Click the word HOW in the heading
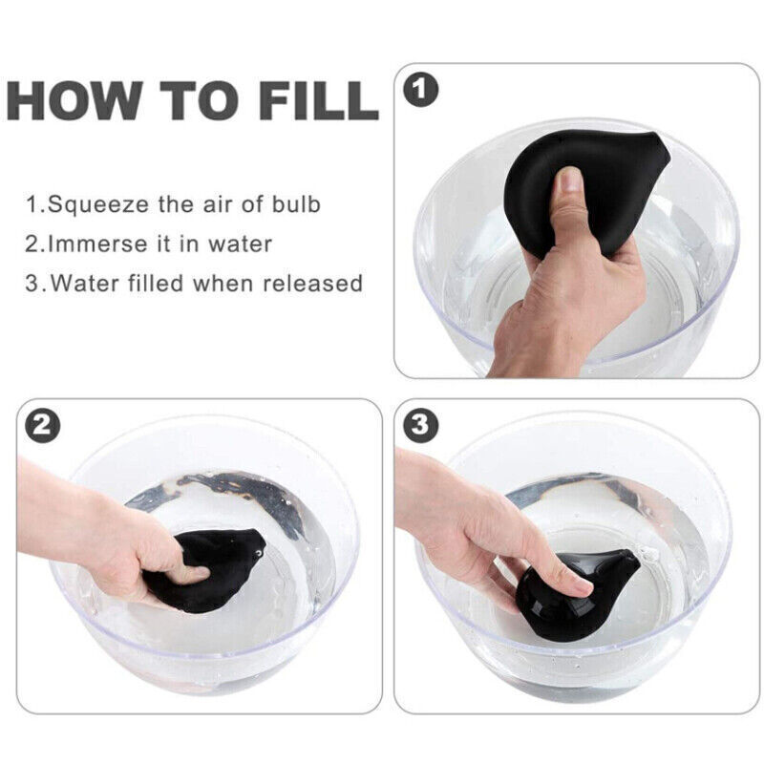[x=75, y=100]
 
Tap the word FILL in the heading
[x=319, y=100]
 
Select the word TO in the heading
[x=201, y=100]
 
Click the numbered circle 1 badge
[x=421, y=91]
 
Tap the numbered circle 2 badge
[x=42, y=425]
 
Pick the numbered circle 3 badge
[x=421, y=424]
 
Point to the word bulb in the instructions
[x=296, y=203]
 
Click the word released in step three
[x=313, y=283]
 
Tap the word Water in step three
[x=83, y=283]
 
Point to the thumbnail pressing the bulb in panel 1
[x=569, y=180]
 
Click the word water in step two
[x=241, y=244]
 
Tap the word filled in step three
[x=155, y=283]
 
